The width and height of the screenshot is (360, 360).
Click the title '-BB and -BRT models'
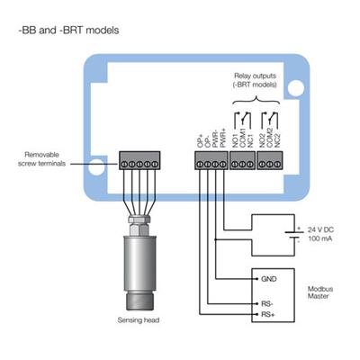coord(68,31)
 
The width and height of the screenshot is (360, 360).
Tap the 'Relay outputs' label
coord(255,76)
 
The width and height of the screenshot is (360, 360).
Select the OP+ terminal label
coord(200,140)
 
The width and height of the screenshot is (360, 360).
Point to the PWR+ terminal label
coord(222,139)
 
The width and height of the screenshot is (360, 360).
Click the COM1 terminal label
coord(243,138)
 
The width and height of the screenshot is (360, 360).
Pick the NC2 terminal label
coord(277,140)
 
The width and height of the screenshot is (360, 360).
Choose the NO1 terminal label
coord(236,140)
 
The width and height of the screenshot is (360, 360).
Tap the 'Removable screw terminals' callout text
coord(41,159)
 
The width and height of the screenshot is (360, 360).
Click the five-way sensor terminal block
coord(139,160)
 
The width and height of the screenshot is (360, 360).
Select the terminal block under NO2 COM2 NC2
coord(270,160)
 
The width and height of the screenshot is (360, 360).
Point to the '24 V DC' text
coord(320,230)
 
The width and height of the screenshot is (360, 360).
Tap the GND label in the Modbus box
coord(269,279)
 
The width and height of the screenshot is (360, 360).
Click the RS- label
coord(267,304)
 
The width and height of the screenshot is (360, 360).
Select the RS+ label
coord(268,315)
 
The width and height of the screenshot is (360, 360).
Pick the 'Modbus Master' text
coord(320,292)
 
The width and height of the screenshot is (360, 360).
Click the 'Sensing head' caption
coord(139,320)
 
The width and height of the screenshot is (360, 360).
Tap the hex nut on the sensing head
coord(139,229)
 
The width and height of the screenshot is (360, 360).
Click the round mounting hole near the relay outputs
coord(295,87)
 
